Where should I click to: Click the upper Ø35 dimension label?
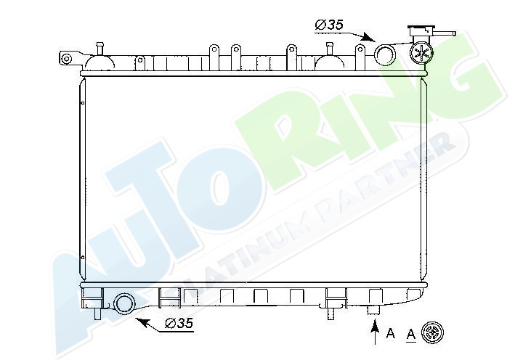tap(329, 25)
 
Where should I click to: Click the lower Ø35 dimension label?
tap(179, 323)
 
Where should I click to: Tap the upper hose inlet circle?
tap(385, 54)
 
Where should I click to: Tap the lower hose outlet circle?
tap(124, 303)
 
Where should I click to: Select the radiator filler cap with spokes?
tap(421, 52)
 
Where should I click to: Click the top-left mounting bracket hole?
tap(66, 59)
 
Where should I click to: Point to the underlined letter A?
tap(411, 335)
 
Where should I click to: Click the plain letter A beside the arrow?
tap(391, 333)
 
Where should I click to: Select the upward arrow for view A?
tap(374, 332)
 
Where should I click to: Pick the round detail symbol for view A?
tap(433, 332)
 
